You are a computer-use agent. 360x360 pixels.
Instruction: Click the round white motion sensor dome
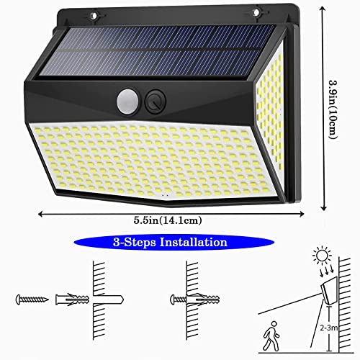pos(127,102)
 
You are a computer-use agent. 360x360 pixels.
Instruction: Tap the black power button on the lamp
pos(156,102)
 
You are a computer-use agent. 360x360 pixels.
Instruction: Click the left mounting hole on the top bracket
pos(94,16)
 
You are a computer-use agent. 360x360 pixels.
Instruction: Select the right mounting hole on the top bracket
pos(256,12)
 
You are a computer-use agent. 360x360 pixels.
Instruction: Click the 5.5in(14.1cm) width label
pos(168,220)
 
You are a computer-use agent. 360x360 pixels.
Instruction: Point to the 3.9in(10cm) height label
pos(333,109)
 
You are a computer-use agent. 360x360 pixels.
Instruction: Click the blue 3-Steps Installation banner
pos(174,242)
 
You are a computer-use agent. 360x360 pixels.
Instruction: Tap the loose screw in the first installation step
pos(32,300)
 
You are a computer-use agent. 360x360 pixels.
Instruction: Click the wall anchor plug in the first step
pos(73,300)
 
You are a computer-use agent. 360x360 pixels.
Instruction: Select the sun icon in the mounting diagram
pos(322,256)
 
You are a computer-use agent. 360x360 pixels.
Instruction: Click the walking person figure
pos(271,336)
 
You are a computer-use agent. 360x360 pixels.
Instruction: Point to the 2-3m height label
pos(329,328)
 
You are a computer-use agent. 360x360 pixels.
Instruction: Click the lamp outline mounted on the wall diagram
pos(329,289)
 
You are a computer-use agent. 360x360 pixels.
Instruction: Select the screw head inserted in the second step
pos(174,300)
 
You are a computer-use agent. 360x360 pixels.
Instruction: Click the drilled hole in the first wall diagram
pos(108,300)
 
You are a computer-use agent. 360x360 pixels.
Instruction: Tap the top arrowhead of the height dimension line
pos(323,9)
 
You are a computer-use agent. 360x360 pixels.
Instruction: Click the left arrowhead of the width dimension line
pos(41,214)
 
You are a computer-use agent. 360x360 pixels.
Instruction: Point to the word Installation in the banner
pos(194,242)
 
